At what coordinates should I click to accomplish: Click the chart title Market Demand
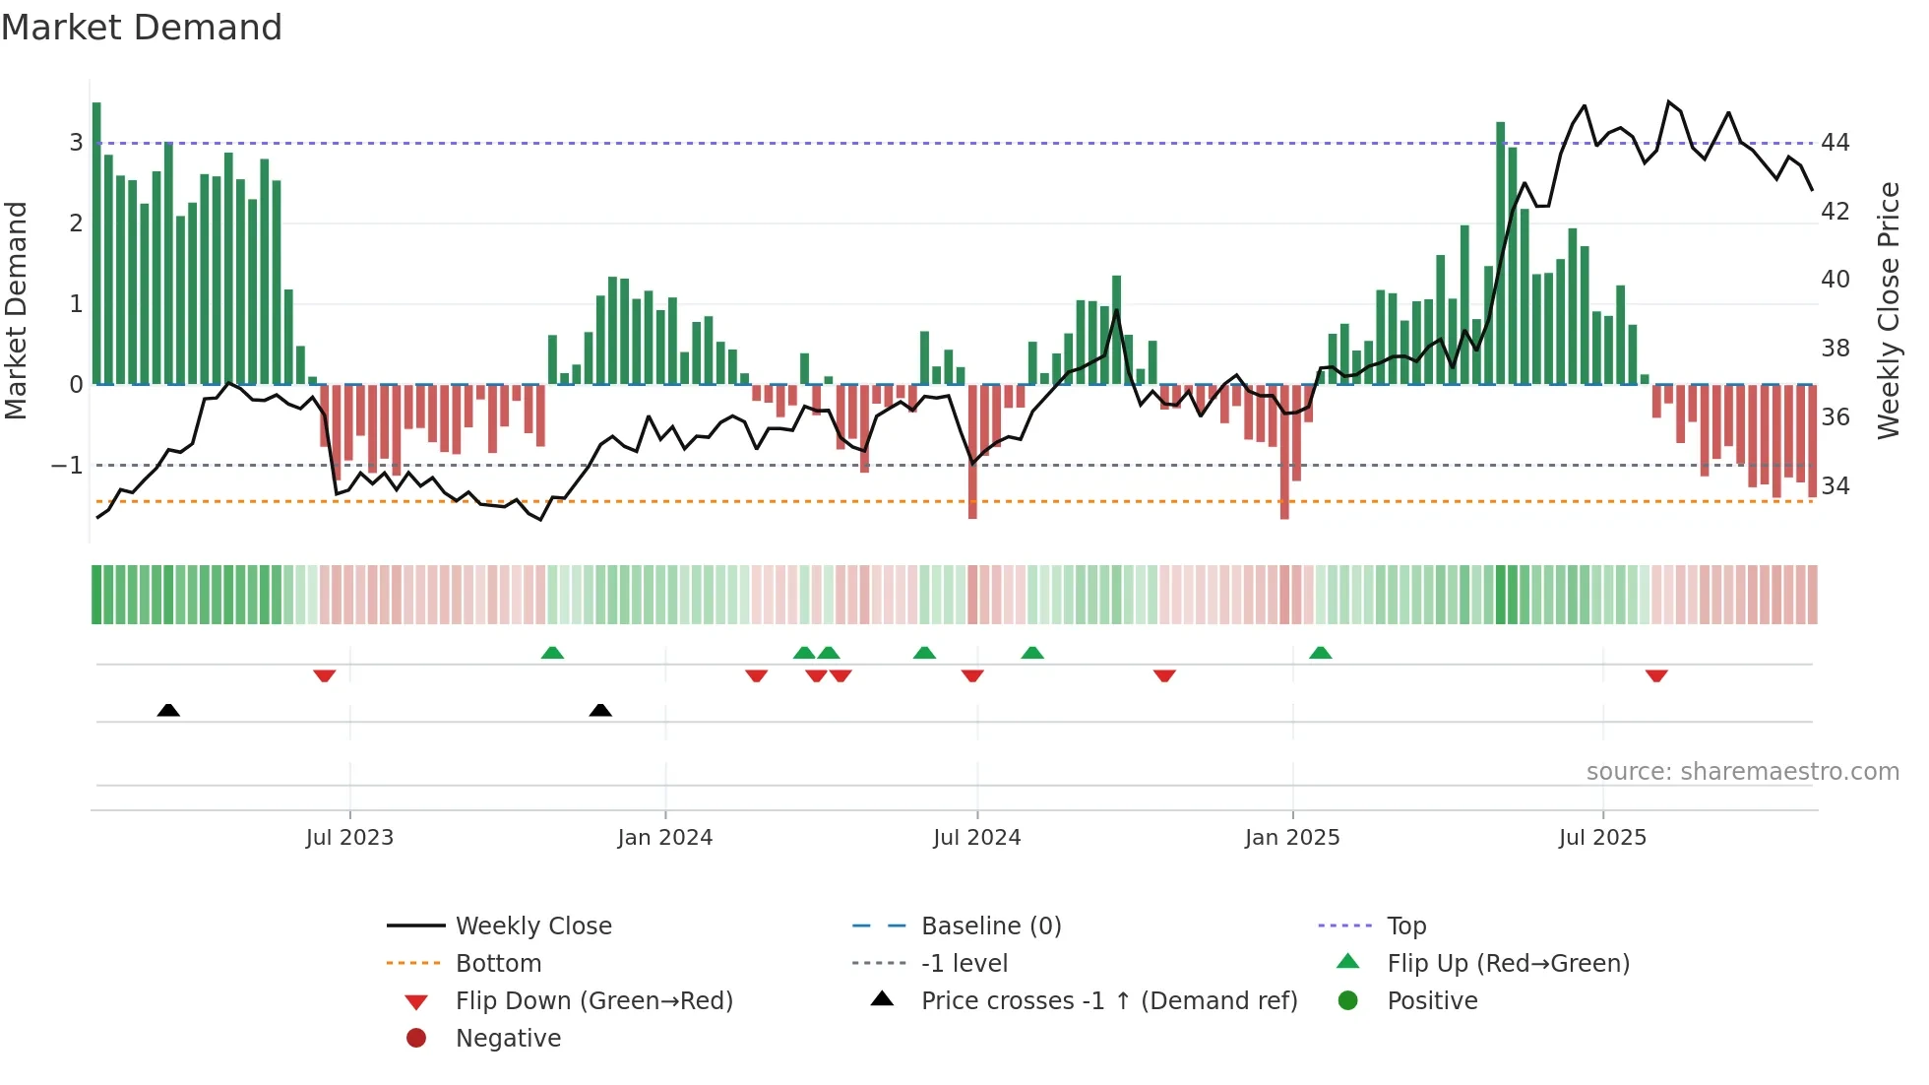tap(142, 28)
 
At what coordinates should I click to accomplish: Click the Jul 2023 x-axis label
tap(349, 838)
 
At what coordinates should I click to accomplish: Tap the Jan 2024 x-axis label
tap(664, 838)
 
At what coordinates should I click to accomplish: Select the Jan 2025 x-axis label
tap(1291, 838)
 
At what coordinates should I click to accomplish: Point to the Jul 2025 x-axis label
tap(1602, 838)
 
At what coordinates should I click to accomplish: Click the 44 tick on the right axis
tap(1835, 143)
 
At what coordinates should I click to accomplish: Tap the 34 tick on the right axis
tap(1835, 485)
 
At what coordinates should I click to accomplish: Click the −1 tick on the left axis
tap(67, 465)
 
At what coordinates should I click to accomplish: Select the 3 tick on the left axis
tap(76, 143)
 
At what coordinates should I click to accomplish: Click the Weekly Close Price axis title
tap(1888, 310)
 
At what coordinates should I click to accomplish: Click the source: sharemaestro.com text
tap(1742, 771)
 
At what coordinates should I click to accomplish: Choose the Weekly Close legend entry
tap(532, 925)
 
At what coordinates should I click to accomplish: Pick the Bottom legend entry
tap(498, 963)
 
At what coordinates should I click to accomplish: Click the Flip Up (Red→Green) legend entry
tap(1508, 963)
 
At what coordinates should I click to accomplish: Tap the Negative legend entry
tap(508, 1038)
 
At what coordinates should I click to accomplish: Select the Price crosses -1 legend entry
tap(1109, 1000)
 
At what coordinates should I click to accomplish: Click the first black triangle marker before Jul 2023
tap(168, 710)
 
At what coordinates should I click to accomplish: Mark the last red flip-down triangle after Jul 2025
tap(1656, 675)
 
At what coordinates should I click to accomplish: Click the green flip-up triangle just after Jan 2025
tap(1320, 653)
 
